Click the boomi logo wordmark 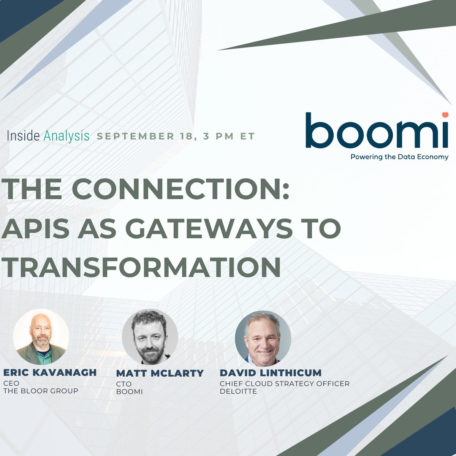[x=376, y=131]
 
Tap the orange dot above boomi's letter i [x=444, y=115]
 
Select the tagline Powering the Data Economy [x=399, y=157]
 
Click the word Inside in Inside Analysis [x=24, y=136]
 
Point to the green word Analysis [x=66, y=136]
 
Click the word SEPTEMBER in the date [x=135, y=136]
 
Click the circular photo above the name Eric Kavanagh [x=41, y=337]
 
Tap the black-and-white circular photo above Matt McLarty [x=150, y=337]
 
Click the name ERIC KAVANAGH [x=50, y=372]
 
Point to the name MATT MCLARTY [x=160, y=373]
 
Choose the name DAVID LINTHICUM [x=271, y=373]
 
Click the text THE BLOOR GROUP [x=41, y=391]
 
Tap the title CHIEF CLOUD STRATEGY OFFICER [x=285, y=383]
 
